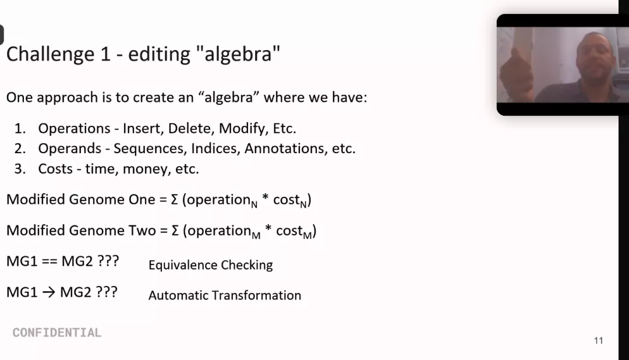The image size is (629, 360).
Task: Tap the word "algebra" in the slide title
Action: pyautogui.click(x=238, y=53)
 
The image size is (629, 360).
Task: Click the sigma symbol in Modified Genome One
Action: pyautogui.click(x=175, y=199)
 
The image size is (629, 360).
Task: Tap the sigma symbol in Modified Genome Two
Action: pyautogui.click(x=175, y=231)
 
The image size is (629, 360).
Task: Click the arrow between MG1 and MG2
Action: pyautogui.click(x=48, y=292)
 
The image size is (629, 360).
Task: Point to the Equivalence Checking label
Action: pyautogui.click(x=211, y=265)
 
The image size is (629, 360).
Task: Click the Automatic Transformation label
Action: pyautogui.click(x=225, y=295)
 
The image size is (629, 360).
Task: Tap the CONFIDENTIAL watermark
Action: pyautogui.click(x=57, y=333)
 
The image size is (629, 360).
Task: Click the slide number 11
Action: pyautogui.click(x=599, y=341)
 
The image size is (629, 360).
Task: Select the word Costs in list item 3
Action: pyautogui.click(x=55, y=169)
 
